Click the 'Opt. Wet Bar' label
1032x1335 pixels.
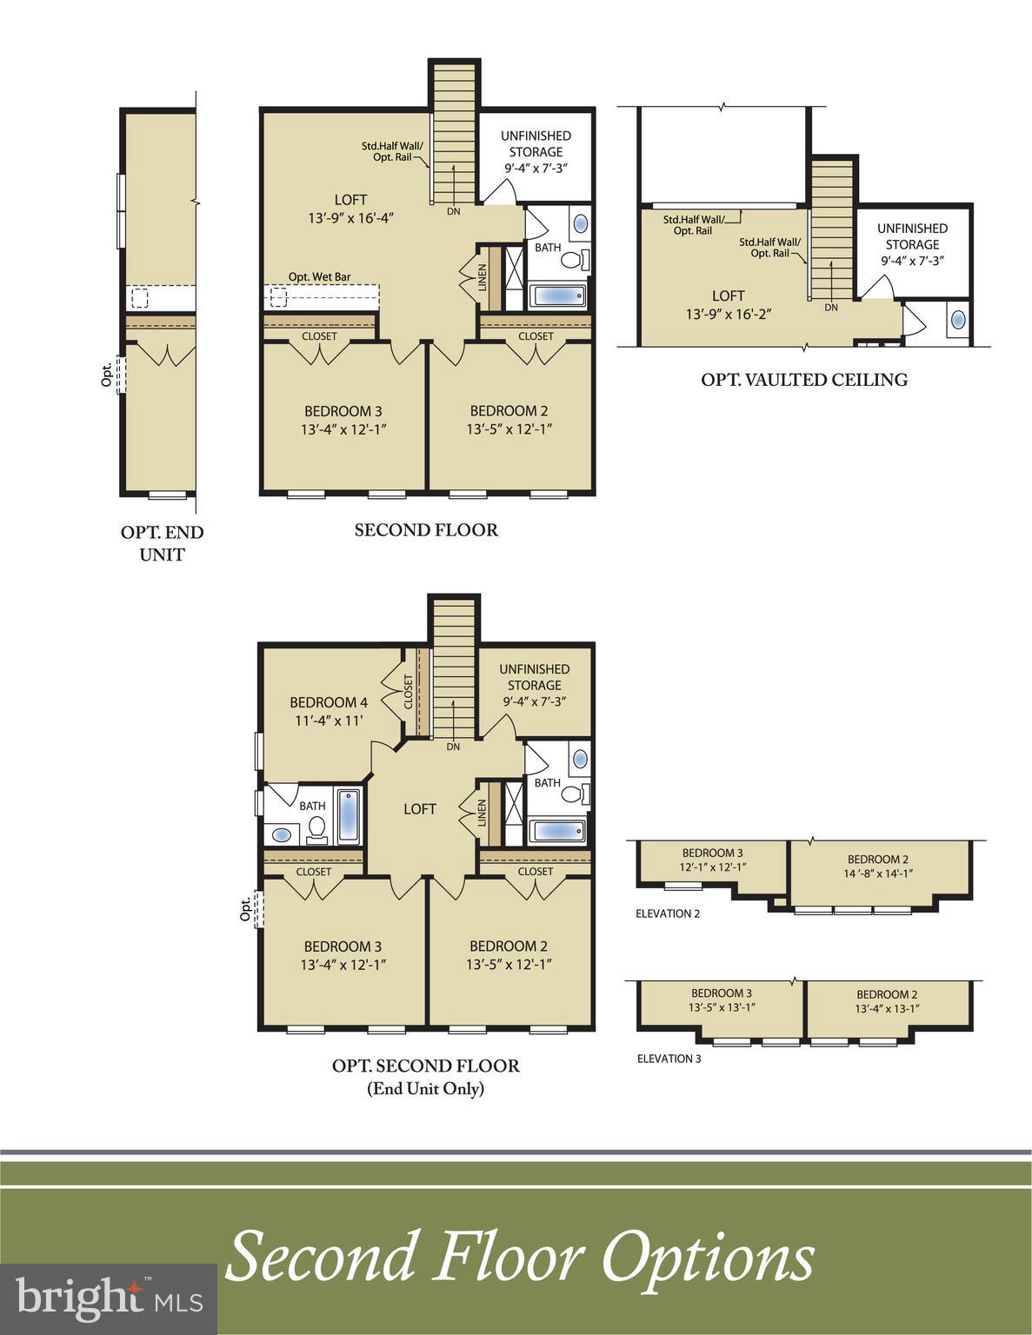[319, 276]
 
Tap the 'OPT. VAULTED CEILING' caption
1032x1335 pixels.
[804, 379]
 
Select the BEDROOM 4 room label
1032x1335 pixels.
[329, 701]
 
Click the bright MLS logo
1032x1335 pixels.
[109, 1298]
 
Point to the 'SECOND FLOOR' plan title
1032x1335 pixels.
[426, 529]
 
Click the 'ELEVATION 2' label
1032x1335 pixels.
[667, 913]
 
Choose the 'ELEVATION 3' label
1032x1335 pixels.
[669, 1059]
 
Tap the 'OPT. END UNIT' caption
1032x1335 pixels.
[162, 543]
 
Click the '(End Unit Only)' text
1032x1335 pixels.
[425, 1088]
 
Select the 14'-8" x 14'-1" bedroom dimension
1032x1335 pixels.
[878, 874]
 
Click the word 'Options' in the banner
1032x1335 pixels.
[709, 1257]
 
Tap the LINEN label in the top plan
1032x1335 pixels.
[483, 277]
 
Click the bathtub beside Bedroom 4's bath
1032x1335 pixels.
[348, 816]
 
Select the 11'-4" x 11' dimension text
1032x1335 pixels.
[329, 720]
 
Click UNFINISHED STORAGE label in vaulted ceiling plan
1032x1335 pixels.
[912, 236]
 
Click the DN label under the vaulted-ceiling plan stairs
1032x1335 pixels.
[831, 308]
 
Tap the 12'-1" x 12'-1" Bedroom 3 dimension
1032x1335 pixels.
[713, 867]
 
